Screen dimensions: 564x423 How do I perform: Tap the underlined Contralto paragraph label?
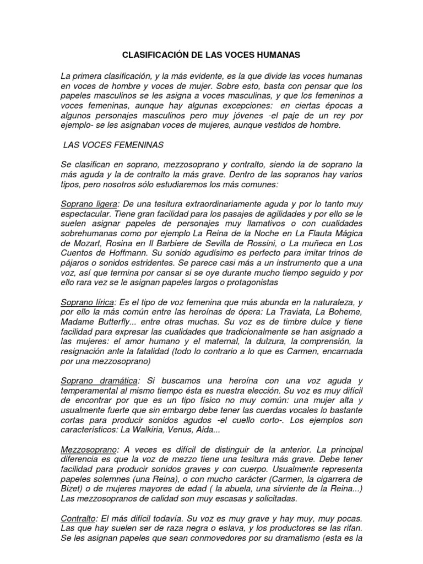(78, 519)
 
